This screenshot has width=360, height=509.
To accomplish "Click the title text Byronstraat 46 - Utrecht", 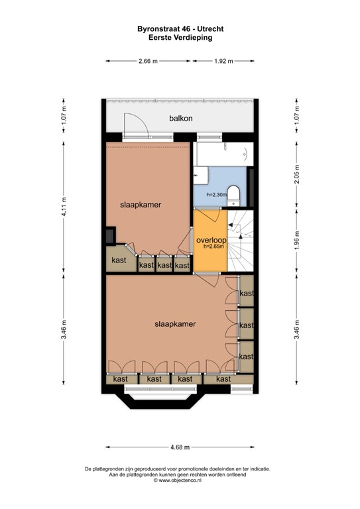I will pos(180,30).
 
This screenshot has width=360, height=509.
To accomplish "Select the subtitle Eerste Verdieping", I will pos(180,38).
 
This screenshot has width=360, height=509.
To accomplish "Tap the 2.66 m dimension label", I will pos(148,61).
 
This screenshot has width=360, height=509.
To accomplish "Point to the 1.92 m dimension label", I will pos(224,61).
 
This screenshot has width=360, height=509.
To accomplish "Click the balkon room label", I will pos(180,119).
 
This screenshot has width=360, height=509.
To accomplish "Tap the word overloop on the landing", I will pos(211,239).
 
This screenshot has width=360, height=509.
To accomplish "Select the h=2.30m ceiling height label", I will pos(216,194).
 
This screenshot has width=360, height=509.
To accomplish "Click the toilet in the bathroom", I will pos(233,193).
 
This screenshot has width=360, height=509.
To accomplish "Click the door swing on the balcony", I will pos(134,125).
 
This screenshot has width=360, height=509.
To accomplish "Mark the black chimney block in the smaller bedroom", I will pos(109,236).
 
